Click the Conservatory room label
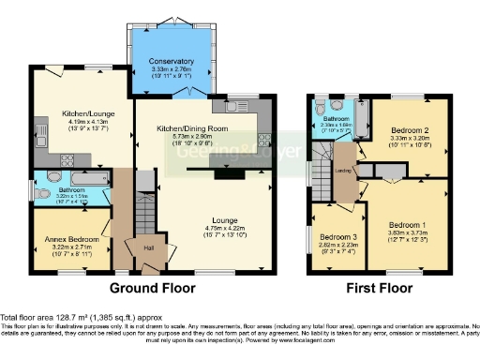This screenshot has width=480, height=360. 172,62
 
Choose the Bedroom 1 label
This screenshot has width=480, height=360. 408,225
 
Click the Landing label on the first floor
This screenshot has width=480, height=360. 344,171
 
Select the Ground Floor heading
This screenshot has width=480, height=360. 152,288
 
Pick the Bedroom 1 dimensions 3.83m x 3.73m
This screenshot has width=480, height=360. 408,234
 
